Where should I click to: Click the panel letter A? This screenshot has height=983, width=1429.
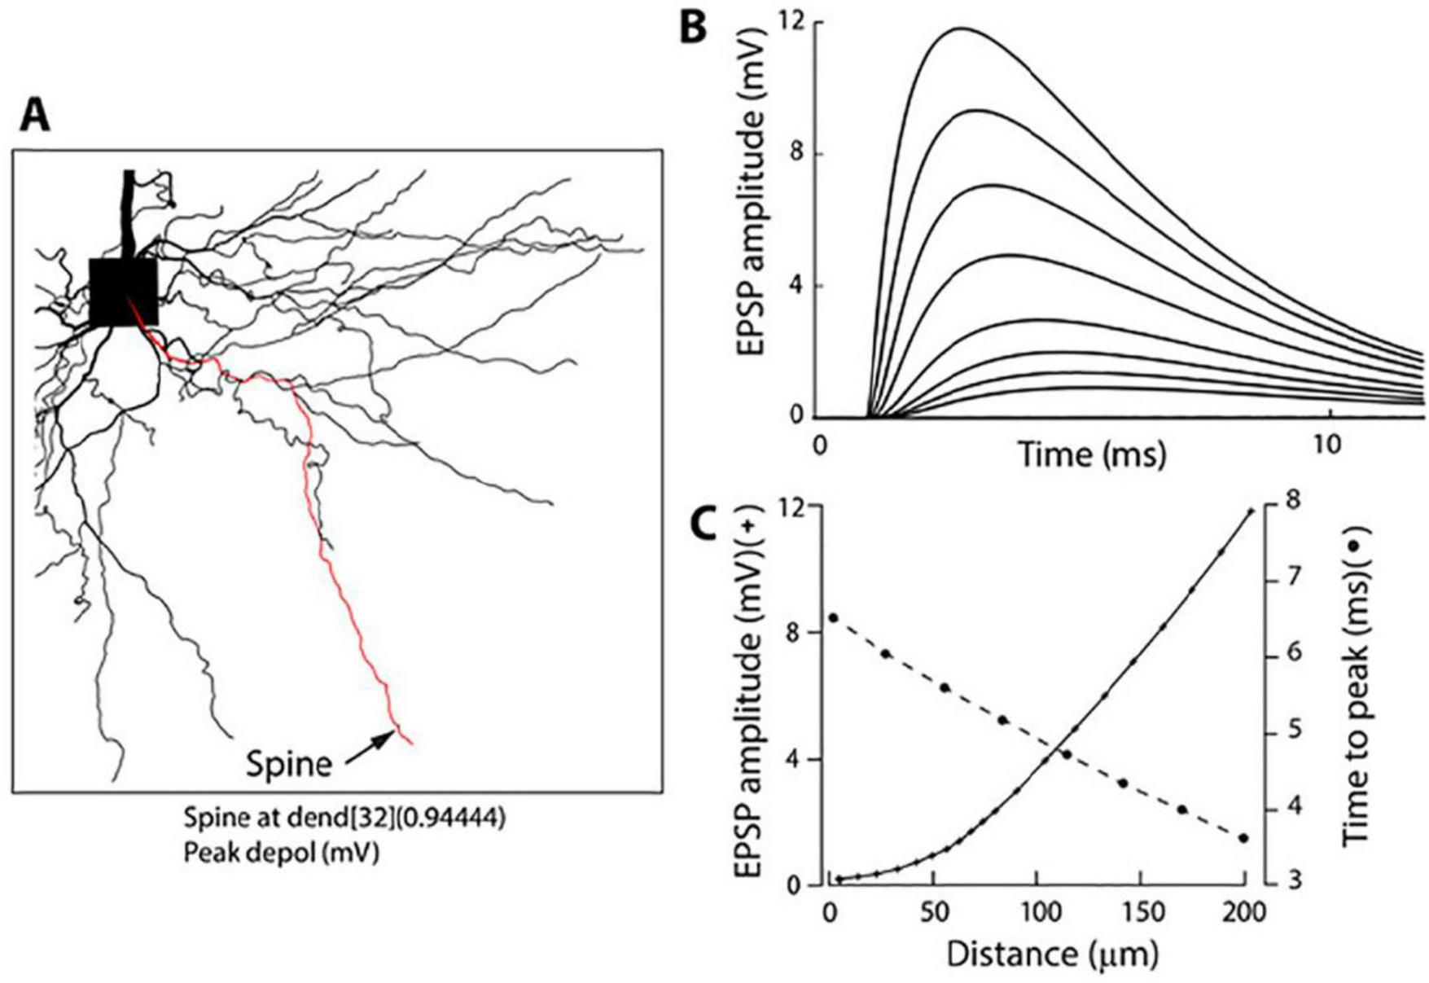35,116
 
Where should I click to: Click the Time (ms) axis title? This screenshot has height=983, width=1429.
1091,454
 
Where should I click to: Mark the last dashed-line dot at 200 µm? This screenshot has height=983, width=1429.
1243,838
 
